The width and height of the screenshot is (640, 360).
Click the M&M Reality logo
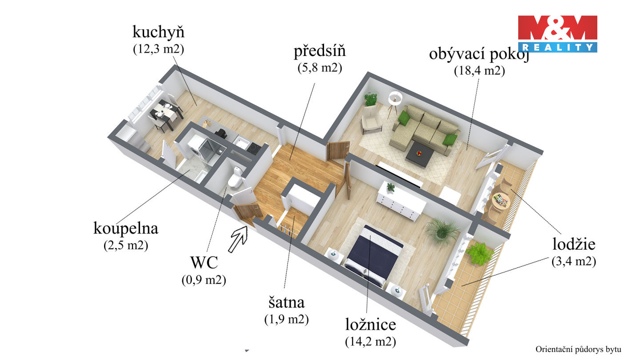coord(557,34)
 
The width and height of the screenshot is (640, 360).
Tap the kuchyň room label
coord(158,32)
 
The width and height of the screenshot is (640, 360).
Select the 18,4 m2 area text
coord(479,71)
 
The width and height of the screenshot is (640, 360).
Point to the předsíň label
coord(320,51)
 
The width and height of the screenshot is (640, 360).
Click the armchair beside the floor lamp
coord(371,121)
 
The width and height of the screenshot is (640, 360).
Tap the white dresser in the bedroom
coord(401,202)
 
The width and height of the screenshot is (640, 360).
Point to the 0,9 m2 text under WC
coord(204,280)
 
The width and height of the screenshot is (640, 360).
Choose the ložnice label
coord(370,325)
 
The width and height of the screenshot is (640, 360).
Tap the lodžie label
coord(573,244)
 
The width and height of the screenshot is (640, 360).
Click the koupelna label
coord(126,228)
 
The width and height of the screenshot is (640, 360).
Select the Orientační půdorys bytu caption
coord(578,349)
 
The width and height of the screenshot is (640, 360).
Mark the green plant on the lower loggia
coord(479,253)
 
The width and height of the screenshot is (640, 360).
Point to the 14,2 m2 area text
coord(370,342)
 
